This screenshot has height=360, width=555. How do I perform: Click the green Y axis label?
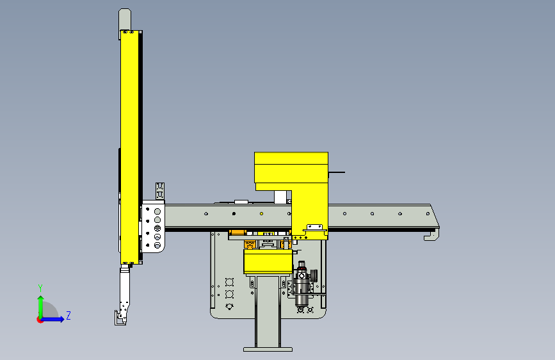tap(40, 288)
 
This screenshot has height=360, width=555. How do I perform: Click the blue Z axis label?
tap(68, 315)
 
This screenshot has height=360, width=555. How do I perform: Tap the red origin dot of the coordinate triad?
tap(40, 320)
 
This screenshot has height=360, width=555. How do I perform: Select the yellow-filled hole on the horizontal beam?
tap(262, 214)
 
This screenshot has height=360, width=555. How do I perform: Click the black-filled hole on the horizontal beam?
tap(234, 214)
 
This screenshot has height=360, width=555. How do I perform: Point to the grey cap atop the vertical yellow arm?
tap(125, 19)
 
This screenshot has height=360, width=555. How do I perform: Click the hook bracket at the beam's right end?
tap(432, 236)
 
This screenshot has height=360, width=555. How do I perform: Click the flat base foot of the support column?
tap(268, 349)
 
